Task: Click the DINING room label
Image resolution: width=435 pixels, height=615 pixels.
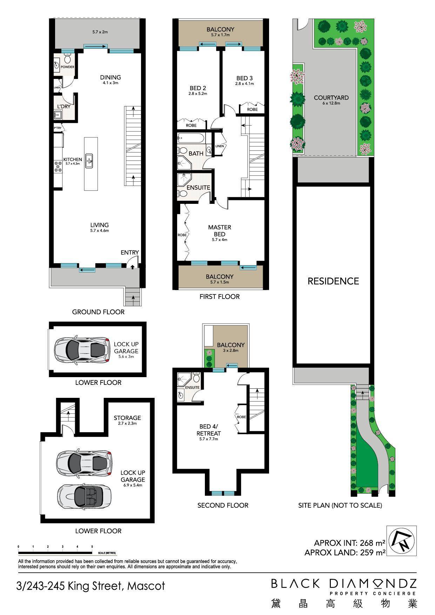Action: pos(110,77)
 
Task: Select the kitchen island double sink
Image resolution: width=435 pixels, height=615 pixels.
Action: pos(90,160)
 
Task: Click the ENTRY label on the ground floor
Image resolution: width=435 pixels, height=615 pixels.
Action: pos(130,252)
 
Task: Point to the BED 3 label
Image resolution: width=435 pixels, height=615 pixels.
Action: pos(245,78)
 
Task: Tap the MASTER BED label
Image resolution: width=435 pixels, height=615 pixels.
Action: pos(220,230)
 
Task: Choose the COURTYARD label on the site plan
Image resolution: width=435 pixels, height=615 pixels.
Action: pos(331,98)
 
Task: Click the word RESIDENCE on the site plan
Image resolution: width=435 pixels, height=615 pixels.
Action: pos(333,281)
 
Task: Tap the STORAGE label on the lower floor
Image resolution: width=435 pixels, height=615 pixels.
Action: pos(127,418)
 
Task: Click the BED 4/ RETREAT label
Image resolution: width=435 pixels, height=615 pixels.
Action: pos(209,430)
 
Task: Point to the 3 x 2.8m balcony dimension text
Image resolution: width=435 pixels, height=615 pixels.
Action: pos(230,350)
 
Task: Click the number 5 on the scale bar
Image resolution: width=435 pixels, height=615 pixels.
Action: pos(92,547)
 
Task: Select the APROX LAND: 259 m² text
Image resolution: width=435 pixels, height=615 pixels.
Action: pos(345,553)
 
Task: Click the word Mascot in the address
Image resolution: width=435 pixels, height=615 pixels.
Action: pos(146,586)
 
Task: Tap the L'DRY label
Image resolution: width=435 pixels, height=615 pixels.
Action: pos(64,106)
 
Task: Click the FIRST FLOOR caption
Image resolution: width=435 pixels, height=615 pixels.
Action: pos(220,296)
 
